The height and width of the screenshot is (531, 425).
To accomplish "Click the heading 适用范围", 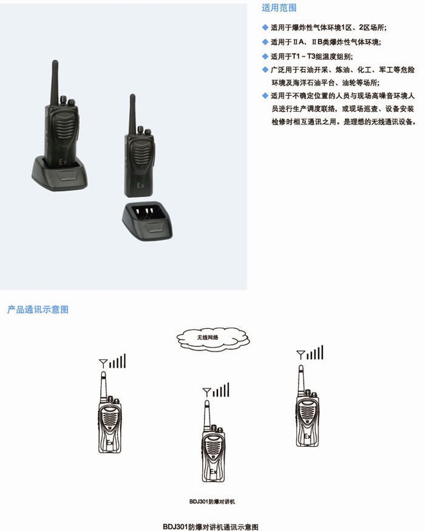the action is click(279, 8).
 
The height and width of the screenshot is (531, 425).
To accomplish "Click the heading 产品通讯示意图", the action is click(38, 309).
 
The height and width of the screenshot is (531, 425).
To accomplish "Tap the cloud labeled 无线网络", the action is click(213, 337).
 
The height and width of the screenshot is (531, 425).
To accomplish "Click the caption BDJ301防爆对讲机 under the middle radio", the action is click(212, 501).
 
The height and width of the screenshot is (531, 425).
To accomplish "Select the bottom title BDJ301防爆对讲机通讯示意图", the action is click(211, 527).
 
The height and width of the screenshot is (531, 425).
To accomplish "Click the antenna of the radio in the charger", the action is click(55, 83).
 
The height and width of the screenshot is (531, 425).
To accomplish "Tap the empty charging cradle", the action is click(148, 221).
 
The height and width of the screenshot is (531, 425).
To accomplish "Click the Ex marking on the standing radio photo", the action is click(140, 185).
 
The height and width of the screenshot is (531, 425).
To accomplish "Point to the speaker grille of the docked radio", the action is click(64, 128).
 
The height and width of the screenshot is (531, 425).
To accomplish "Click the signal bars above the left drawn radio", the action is click(117, 361).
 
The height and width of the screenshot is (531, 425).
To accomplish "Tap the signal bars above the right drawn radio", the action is click(315, 353).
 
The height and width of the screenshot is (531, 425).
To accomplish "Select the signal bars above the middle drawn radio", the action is click(221, 390).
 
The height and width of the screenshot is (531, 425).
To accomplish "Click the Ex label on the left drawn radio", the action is click(110, 442).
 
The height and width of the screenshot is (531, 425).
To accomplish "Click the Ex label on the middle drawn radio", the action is click(213, 472).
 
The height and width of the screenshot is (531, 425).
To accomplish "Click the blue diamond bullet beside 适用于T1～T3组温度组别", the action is click(265, 56).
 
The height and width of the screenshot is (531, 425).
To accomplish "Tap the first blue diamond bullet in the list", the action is click(265, 27).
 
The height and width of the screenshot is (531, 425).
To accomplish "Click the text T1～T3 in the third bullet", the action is click(304, 56).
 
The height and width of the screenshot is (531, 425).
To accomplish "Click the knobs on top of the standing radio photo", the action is click(143, 130).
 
